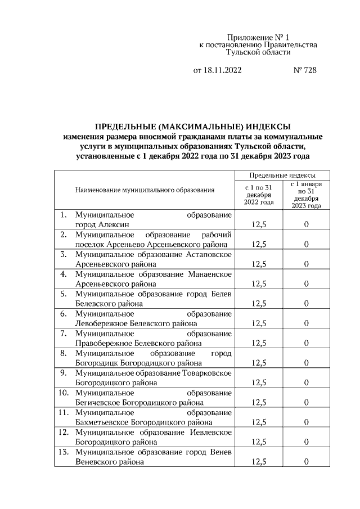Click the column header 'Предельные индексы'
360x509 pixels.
pos(282,175)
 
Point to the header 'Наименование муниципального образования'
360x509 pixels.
pos(145,190)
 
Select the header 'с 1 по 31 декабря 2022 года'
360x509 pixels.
pos(259,194)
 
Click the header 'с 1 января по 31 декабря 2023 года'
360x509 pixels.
pos(307,195)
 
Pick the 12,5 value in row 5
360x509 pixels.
pos(259,304)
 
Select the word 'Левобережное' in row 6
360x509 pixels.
pos(98,323)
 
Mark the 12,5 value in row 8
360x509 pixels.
pos(259,363)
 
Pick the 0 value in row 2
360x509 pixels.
pos(307,244)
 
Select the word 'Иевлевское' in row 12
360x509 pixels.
pos(211,432)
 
